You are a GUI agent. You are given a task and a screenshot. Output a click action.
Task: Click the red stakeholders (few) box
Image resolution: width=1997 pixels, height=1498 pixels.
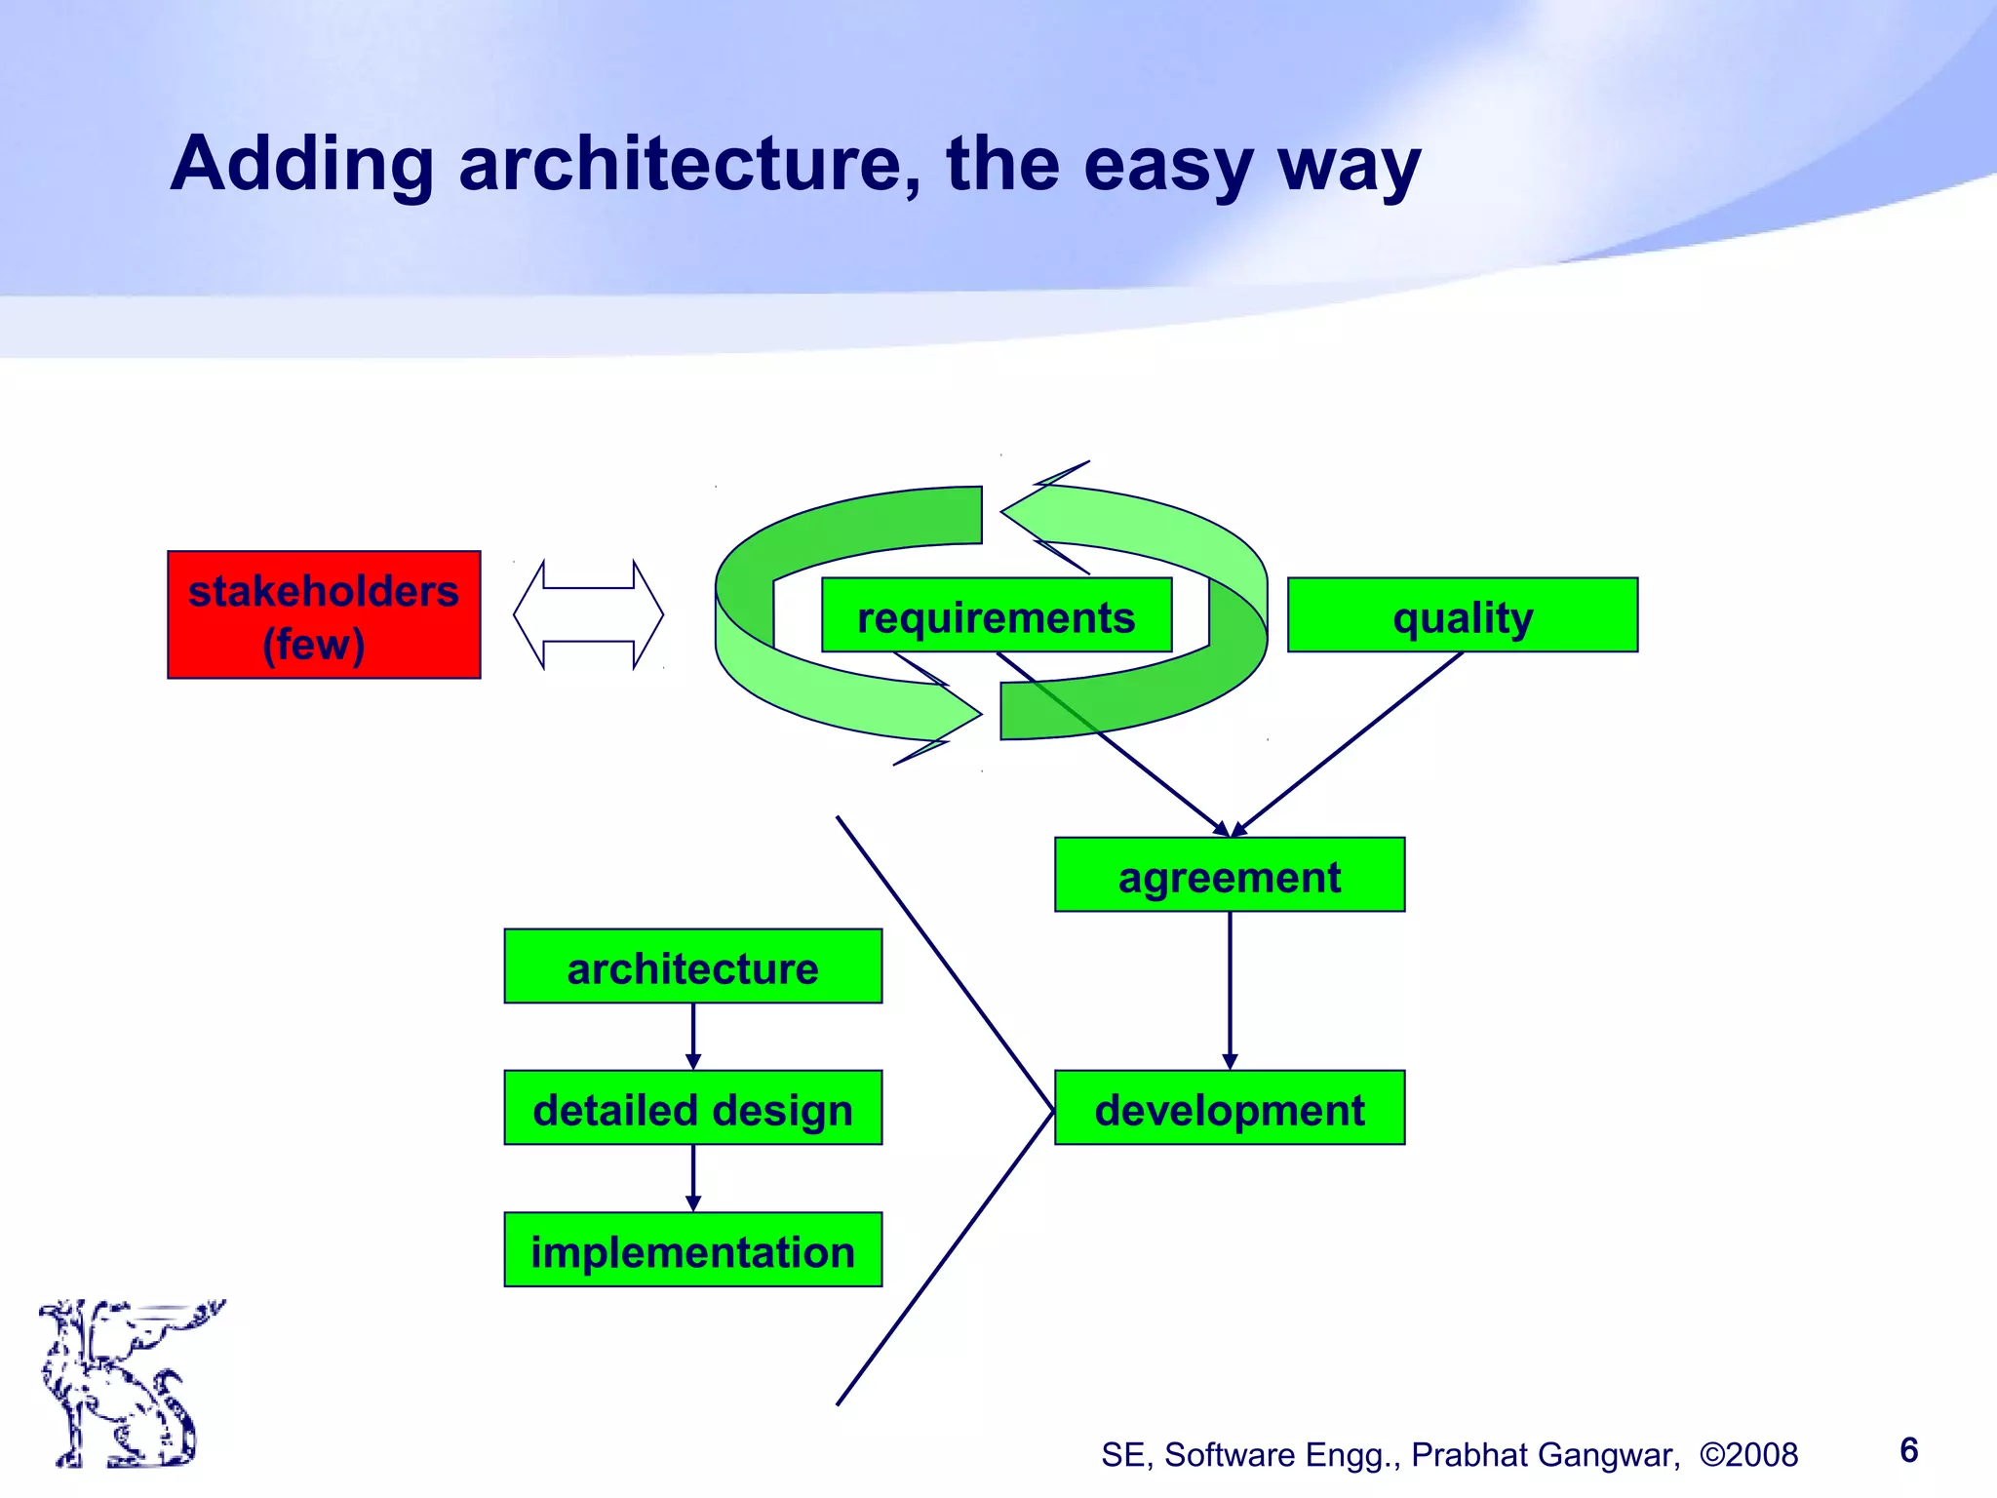point(324,614)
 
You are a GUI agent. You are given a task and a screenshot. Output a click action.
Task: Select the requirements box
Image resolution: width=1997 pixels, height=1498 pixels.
point(996,615)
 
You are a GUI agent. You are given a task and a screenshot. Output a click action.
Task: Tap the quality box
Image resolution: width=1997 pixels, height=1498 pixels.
point(1462,615)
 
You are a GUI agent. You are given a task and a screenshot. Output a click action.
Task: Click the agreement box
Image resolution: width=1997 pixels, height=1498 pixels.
point(1229,875)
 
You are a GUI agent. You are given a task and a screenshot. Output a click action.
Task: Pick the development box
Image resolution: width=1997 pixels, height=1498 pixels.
point(1229,1108)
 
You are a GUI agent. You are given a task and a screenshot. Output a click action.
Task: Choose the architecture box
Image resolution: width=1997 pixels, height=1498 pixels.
point(692,966)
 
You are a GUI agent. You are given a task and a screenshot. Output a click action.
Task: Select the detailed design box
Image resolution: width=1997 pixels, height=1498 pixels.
point(692,1108)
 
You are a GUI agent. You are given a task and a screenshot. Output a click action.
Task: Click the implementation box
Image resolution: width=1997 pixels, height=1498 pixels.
point(692,1250)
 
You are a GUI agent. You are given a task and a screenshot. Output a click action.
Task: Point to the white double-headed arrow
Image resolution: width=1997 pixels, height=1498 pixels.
point(588,614)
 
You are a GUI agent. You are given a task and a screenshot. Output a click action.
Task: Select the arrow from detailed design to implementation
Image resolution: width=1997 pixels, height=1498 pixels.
point(693,1176)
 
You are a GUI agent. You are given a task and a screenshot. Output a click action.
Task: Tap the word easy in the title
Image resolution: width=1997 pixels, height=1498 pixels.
point(1167,163)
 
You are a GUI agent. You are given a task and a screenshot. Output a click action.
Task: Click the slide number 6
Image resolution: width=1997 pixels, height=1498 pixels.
point(1908,1450)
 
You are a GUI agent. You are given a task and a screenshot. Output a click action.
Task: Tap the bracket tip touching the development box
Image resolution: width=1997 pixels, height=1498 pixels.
point(1052,1110)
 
